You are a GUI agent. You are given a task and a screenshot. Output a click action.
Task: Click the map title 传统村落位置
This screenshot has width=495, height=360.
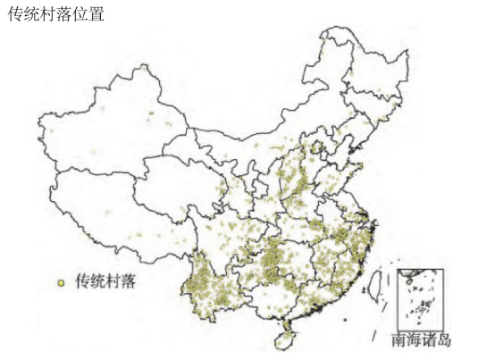point(55,15)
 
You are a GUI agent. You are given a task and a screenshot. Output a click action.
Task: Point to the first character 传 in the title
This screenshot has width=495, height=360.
point(15,15)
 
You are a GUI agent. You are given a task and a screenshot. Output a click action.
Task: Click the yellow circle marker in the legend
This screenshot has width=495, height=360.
point(61,282)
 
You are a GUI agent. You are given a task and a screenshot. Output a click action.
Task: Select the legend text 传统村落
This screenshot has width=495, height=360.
point(105,281)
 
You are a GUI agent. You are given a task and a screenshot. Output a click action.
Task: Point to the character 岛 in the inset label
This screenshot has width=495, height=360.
point(445,340)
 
